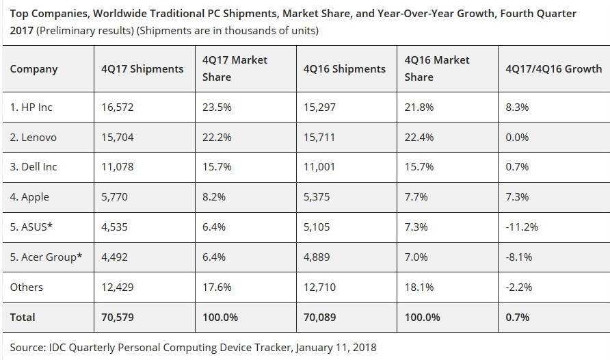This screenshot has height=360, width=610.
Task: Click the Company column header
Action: (34, 68)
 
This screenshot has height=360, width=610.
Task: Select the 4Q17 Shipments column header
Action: (142, 68)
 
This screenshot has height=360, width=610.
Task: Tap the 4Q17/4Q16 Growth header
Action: (553, 68)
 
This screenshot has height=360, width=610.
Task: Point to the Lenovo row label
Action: (34, 138)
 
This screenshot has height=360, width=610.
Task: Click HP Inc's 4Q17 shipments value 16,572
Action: (115, 107)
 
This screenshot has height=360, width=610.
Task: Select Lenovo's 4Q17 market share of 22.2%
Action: (217, 138)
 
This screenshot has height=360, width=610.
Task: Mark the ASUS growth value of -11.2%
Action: (521, 227)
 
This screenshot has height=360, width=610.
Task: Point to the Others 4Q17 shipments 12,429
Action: (115, 287)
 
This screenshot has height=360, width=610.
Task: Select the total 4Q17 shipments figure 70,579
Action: (116, 318)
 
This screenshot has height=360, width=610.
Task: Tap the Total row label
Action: (23, 318)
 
